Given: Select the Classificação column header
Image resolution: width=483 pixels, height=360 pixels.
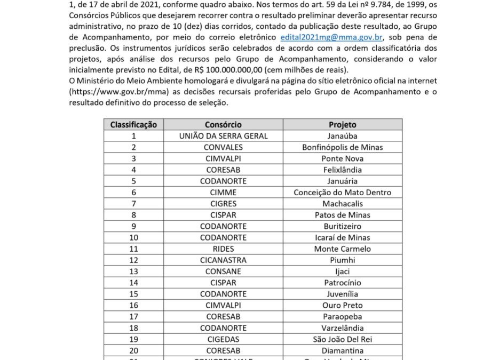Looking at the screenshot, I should click(133, 125).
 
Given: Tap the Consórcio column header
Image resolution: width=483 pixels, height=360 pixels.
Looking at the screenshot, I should click(223, 125).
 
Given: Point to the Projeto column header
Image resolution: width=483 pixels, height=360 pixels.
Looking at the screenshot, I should click(342, 125).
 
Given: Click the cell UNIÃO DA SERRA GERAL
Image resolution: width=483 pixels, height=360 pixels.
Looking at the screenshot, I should click(223, 136).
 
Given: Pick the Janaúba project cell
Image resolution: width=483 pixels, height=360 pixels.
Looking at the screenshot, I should click(342, 136).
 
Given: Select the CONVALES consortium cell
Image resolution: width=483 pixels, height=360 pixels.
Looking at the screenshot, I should click(223, 147).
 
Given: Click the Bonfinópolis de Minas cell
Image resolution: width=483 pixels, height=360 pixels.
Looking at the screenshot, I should click(342, 147).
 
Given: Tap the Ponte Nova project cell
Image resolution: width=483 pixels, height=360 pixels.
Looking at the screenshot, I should click(342, 158).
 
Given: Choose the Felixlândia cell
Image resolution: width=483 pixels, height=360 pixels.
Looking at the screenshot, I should click(342, 170).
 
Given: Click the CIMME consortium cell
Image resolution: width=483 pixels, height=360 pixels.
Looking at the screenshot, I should click(223, 193).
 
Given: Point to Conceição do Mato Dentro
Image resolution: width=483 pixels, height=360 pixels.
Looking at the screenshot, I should click(342, 193).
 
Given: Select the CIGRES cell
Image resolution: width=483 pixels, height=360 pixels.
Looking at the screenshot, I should click(223, 204).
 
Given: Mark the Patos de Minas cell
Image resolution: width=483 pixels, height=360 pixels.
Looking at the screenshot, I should click(342, 215).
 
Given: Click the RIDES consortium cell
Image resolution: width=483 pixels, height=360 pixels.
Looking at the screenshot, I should click(223, 249).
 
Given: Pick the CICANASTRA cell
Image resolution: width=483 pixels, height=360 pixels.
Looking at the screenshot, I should click(223, 260).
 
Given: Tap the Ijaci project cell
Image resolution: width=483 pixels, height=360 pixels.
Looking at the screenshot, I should click(342, 271).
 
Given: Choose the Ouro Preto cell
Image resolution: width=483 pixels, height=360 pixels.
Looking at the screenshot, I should click(342, 306).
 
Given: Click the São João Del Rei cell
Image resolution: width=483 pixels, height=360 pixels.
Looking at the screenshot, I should click(342, 339).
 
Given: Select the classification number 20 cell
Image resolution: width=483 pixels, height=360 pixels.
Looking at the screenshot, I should click(133, 350).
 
